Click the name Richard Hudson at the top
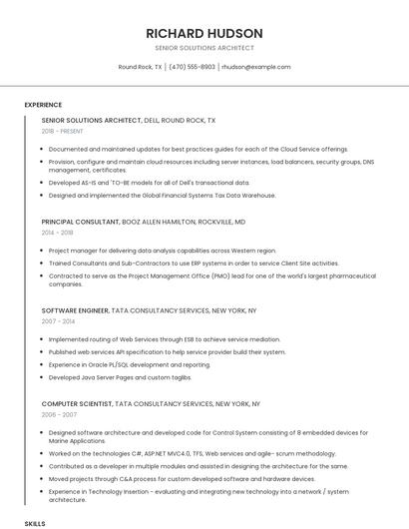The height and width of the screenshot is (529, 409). point(204,33)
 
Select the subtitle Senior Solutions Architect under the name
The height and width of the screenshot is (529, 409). point(204,48)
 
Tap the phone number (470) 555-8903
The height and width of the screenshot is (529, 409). point(192,67)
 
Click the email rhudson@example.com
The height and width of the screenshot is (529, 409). point(255,67)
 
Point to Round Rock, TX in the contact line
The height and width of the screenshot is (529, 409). point(140,67)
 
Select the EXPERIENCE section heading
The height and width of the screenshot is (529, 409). point(43,105)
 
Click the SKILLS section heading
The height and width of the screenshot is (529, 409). point(35,523)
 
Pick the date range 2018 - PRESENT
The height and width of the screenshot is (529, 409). point(64,131)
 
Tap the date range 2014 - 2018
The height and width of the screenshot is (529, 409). point(57,233)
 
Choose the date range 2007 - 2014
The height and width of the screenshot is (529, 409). point(57,322)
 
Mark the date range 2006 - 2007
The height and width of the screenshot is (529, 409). point(57,413)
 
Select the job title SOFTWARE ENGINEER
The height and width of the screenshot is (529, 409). point(75,311)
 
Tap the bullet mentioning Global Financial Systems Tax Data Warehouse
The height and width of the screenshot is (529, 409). point(162,195)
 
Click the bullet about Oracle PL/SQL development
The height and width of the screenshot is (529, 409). point(130,364)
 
